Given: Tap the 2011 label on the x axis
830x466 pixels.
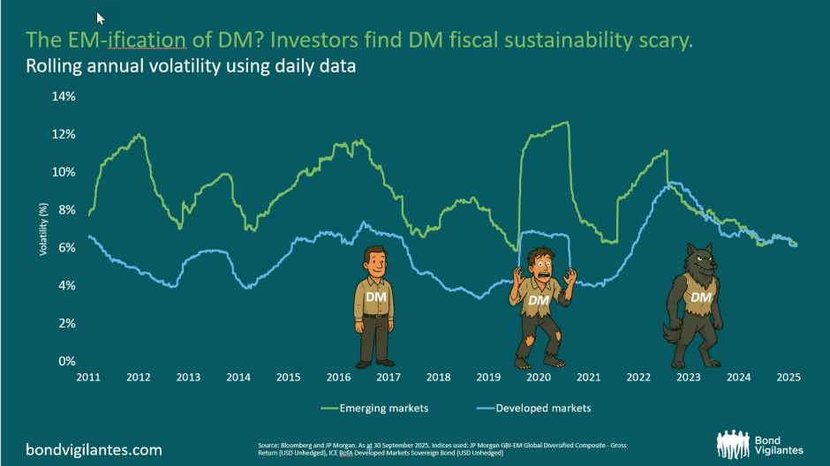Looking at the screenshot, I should click(x=87, y=378).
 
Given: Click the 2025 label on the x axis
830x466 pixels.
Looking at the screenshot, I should click(x=788, y=378).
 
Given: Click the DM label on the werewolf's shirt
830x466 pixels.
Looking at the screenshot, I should click(x=700, y=298).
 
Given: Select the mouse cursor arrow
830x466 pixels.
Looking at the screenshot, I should click(x=101, y=18).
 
